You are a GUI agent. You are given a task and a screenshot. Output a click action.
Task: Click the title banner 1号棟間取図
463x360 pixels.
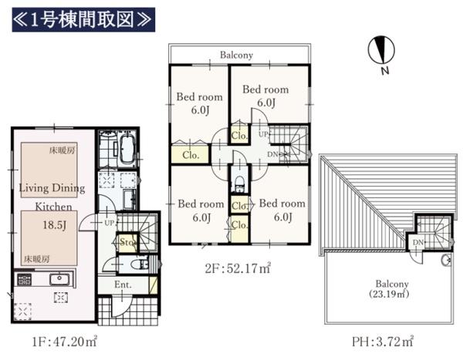coord(83,20)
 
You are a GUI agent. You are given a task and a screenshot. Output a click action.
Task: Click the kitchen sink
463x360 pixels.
coord(59,278)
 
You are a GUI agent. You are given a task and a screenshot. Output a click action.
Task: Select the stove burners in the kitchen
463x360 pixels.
coord(25,279)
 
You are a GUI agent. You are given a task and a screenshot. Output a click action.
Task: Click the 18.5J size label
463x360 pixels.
coord(55,225)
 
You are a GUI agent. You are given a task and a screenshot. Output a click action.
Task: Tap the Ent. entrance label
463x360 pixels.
coord(123,284)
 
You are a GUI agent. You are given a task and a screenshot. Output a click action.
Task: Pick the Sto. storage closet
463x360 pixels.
coord(127,243)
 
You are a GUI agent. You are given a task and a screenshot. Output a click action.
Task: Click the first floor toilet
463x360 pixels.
coord(140,264)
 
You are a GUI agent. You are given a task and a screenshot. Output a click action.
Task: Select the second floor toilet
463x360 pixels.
coord(240,183)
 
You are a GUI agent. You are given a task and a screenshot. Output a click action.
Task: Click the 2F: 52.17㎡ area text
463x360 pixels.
coord(238,268)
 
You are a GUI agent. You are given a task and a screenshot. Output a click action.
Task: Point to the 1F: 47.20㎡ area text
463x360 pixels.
coord(64,341)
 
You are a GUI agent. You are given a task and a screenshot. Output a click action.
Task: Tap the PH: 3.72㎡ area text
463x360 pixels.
coord(383,341)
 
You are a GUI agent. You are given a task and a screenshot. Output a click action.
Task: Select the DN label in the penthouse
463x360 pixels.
coord(417,242)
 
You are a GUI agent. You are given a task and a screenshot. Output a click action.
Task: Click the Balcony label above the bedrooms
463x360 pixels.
coord(237,55)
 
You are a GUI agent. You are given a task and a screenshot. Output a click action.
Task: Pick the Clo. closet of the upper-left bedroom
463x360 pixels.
coord(191,155)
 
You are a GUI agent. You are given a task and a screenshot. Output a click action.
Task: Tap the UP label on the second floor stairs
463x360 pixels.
coord(263,134)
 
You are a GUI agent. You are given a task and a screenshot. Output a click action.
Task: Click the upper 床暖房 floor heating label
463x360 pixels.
coord(62,150)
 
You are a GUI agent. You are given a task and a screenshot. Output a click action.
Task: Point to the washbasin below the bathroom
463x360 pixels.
coord(130,199)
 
